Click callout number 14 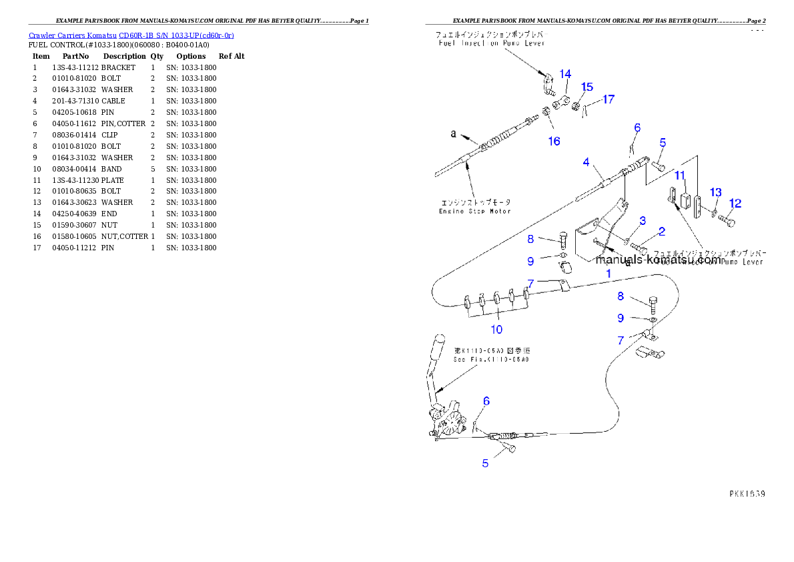point(565,73)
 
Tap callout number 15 point(587,87)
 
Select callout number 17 point(609,99)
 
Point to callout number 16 point(554,141)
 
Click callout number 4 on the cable point(586,162)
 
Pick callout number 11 point(680,176)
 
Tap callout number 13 point(715,192)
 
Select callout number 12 point(735,204)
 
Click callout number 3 point(643,220)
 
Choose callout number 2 point(662,232)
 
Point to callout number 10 point(496,329)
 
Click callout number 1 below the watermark point(608,274)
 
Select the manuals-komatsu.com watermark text point(658,260)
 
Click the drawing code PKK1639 point(747,495)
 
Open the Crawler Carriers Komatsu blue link point(131,35)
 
